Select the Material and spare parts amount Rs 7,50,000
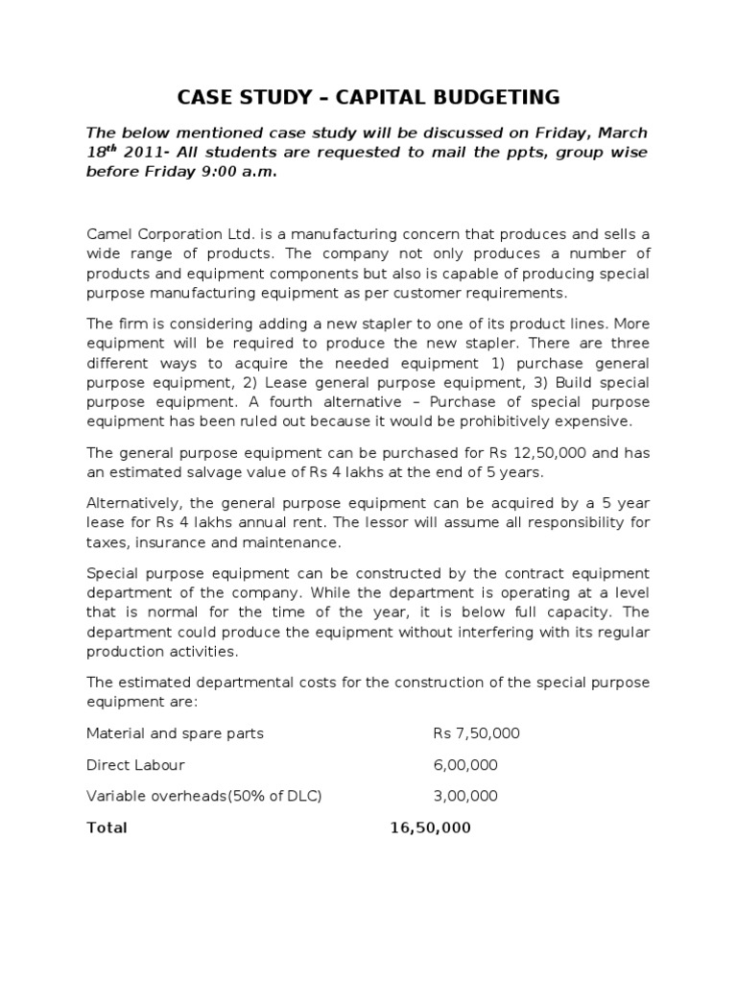tap(476, 733)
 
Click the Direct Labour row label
tap(135, 765)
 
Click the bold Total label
tap(107, 827)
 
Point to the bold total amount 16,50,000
tap(431, 827)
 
